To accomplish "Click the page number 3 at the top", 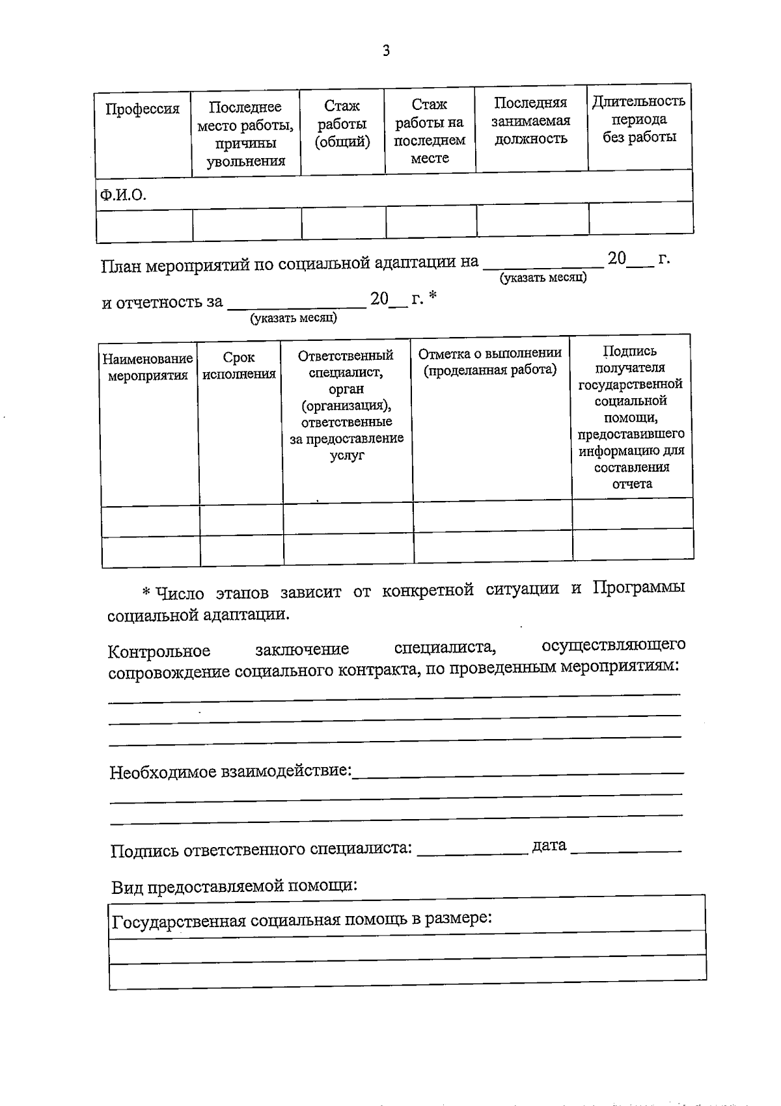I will pos(386,51).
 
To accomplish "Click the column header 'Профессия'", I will pos(143,109).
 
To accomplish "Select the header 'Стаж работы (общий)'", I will pos(342,124).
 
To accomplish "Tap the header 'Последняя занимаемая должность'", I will pos(531,120).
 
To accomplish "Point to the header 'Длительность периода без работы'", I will pos(638,119).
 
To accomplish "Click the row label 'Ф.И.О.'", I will pos(123,195).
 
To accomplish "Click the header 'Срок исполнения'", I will pos(239,366).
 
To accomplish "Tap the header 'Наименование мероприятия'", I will pos(148,367).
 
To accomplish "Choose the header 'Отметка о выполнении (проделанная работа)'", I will pos(490,361).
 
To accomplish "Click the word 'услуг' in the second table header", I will pos(346,455).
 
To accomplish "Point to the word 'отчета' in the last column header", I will pos(632,484).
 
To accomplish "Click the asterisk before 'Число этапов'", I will pos(146,591).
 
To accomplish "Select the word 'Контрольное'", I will pos(159,651).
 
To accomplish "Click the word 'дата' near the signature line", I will pos(549,845).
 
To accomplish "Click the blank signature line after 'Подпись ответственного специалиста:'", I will pos(472,850).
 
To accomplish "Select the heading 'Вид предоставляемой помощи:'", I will pos(234,886).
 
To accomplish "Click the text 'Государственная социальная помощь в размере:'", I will pos(302,920).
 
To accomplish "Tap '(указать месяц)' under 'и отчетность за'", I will pos(294,318).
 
